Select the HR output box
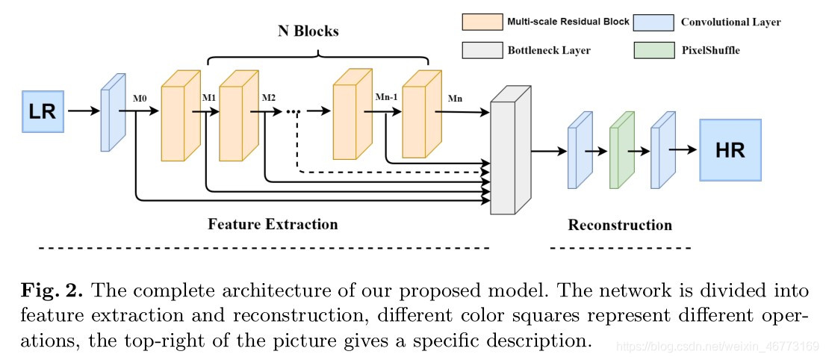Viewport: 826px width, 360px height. [x=730, y=149]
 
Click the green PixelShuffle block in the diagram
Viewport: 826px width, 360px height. [x=621, y=151]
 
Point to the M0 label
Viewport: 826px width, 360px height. [x=140, y=98]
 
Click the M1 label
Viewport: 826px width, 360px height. [x=208, y=98]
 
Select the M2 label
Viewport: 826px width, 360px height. [x=268, y=98]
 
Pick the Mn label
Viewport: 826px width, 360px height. [x=454, y=98]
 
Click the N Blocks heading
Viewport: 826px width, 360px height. [x=308, y=31]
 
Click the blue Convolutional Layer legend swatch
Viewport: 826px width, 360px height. [x=653, y=22]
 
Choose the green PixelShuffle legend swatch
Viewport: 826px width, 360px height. [x=653, y=50]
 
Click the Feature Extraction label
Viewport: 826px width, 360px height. [x=273, y=224]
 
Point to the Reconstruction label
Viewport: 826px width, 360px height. [x=620, y=225]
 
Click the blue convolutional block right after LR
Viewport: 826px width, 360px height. [x=113, y=111]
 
